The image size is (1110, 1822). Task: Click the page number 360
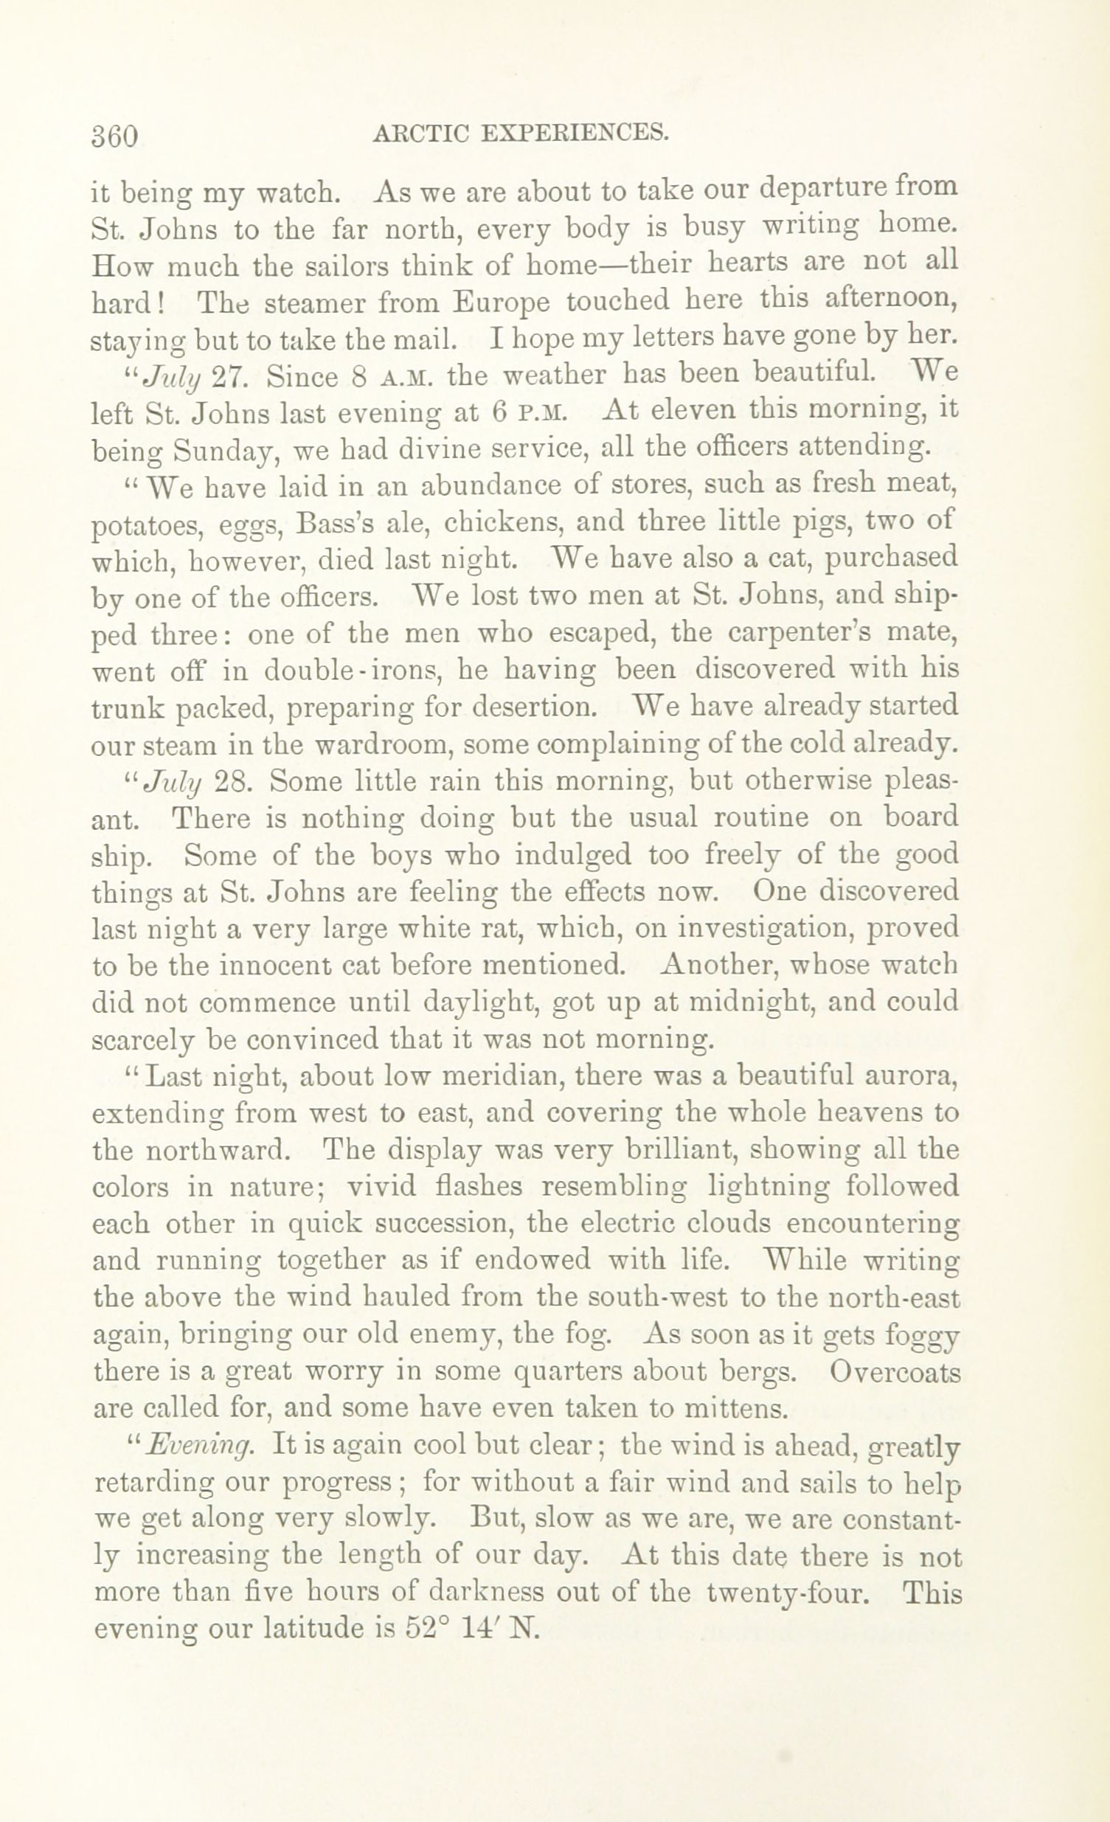coord(114,136)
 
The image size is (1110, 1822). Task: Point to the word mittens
coord(729,1409)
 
